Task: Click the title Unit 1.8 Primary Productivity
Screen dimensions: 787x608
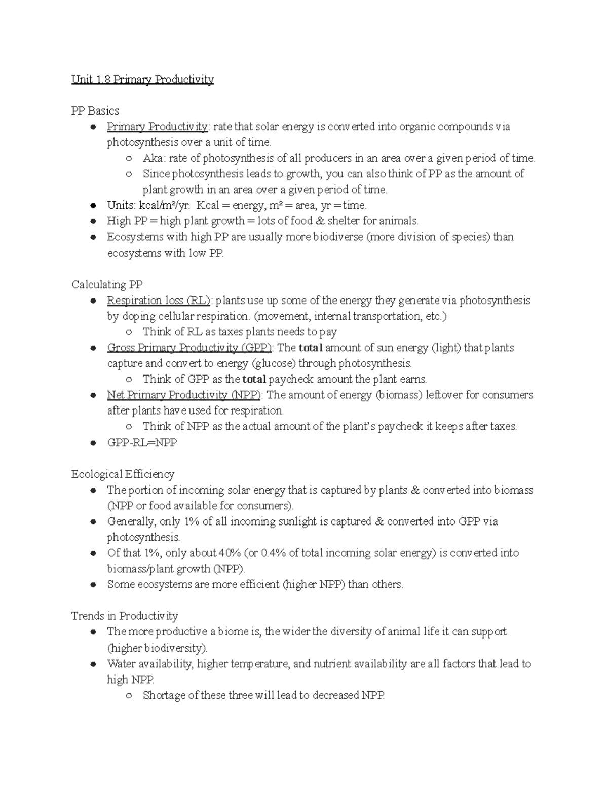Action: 142,80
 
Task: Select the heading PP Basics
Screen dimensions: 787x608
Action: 95,111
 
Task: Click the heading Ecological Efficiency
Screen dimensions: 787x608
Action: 123,474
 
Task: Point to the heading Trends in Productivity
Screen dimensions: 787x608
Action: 125,616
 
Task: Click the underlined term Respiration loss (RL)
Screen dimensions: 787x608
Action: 159,301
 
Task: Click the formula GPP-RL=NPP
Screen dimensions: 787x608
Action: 142,442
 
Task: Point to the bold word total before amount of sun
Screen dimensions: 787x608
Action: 311,348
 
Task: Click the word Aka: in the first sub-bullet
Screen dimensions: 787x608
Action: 154,158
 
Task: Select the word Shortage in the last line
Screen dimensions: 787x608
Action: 164,695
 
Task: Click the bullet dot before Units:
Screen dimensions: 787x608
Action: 93,206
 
